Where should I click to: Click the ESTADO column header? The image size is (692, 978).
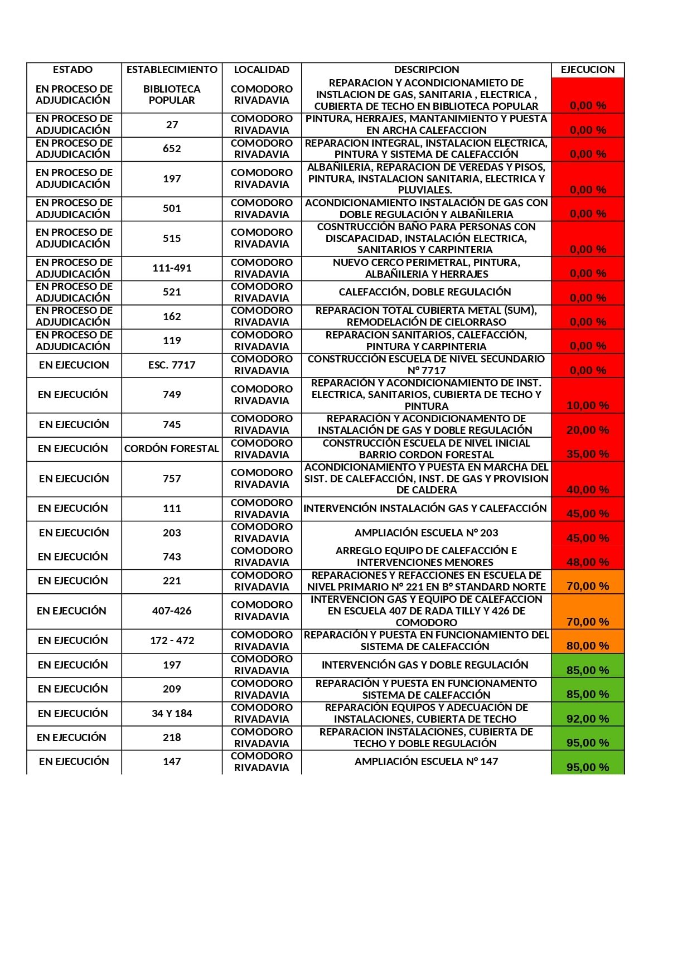tap(73, 70)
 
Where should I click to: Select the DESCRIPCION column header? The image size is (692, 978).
tap(427, 70)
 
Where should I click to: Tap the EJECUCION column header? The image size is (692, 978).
tap(588, 70)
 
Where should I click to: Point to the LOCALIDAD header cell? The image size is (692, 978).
tap(262, 70)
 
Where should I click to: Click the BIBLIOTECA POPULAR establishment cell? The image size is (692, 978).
tap(172, 95)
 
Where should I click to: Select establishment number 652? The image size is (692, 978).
tap(172, 149)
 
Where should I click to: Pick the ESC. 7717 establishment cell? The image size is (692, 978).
tap(172, 365)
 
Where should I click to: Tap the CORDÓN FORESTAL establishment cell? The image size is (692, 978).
tap(172, 449)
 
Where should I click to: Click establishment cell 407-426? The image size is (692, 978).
tap(172, 611)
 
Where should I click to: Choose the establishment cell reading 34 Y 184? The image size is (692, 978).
tap(172, 714)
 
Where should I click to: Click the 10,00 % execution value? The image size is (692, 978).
tap(588, 405)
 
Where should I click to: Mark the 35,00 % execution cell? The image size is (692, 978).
tap(588, 454)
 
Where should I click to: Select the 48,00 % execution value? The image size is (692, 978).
tap(588, 562)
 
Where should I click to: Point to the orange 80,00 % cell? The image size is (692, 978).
tap(588, 646)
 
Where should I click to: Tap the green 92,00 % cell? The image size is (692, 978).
tap(588, 719)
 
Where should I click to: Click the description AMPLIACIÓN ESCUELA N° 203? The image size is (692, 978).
tap(427, 533)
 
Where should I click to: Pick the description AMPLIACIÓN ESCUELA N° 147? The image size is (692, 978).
tap(427, 762)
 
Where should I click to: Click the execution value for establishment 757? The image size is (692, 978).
tap(588, 490)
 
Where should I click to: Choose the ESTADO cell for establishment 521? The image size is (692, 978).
tap(74, 292)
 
